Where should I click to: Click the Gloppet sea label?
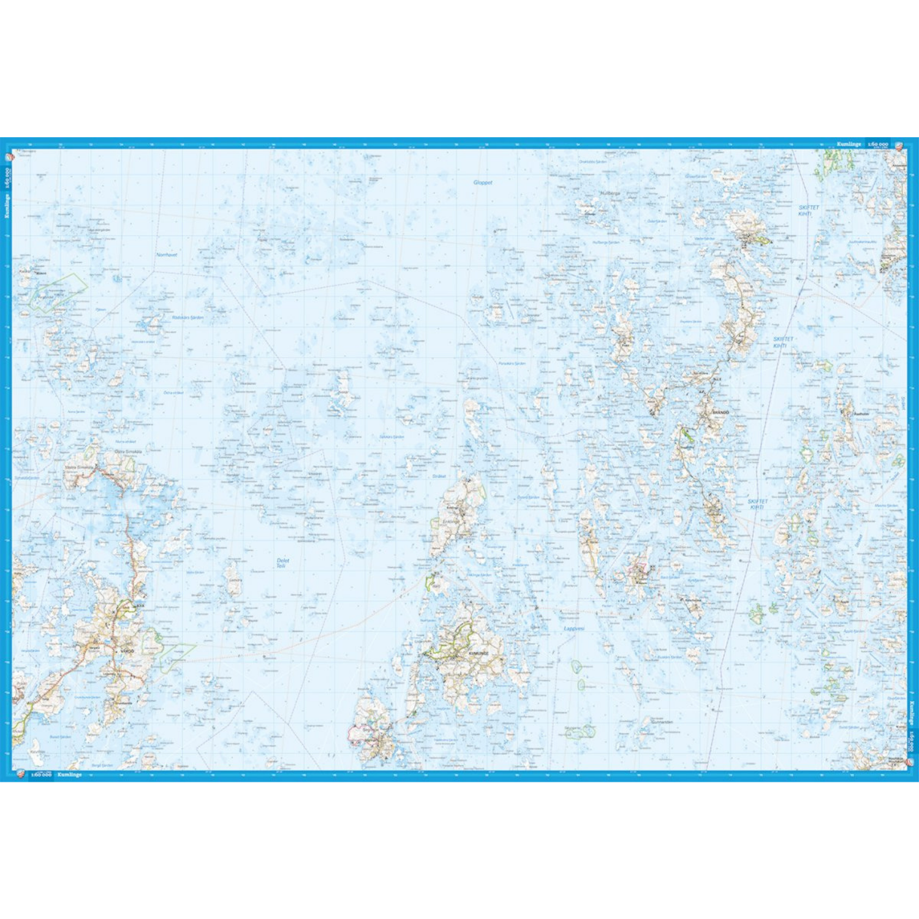(483, 183)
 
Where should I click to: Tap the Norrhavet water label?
(167, 254)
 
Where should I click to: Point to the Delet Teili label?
(282, 563)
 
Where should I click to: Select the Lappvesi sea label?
(574, 629)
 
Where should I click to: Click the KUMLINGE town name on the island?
(478, 654)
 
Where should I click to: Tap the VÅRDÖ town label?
(127, 651)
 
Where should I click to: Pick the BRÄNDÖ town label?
(720, 413)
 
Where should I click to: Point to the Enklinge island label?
(450, 521)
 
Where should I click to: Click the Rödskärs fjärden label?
(187, 317)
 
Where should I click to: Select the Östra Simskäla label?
(128, 452)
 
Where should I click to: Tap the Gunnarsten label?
(662, 722)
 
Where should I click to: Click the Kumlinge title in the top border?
(849, 144)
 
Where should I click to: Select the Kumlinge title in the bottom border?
(70, 775)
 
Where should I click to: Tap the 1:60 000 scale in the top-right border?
(878, 144)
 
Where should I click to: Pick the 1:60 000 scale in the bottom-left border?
(42, 775)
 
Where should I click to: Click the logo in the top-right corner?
(899, 145)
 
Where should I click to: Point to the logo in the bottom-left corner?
(20, 774)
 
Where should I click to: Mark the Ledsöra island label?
(235, 580)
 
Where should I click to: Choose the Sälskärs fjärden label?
(391, 437)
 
